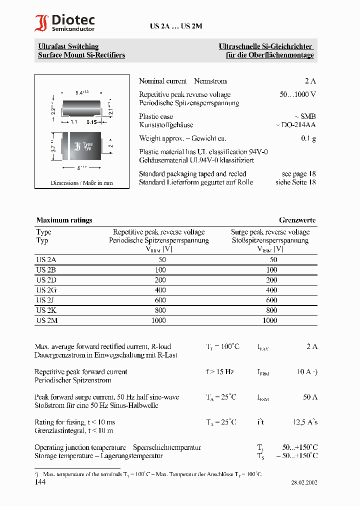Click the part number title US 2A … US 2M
pyautogui.click(x=176, y=27)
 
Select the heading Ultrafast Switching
pyautogui.click(x=68, y=46)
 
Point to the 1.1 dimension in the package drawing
pyautogui.click(x=73, y=122)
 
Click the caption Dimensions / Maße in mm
pyautogui.click(x=81, y=183)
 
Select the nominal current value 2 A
pyautogui.click(x=310, y=81)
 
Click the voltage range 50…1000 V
pyautogui.click(x=297, y=94)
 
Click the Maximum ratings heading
pyautogui.click(x=64, y=220)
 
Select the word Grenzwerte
pyautogui.click(x=297, y=220)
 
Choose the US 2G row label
pyautogui.click(x=46, y=290)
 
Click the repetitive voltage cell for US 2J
pyautogui.click(x=158, y=300)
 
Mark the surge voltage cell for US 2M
pyautogui.click(x=270, y=320)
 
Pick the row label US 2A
pyautogui.click(x=46, y=260)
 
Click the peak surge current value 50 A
pyautogui.click(x=310, y=397)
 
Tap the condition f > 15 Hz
pyautogui.click(x=220, y=372)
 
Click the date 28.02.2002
pyautogui.click(x=304, y=483)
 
